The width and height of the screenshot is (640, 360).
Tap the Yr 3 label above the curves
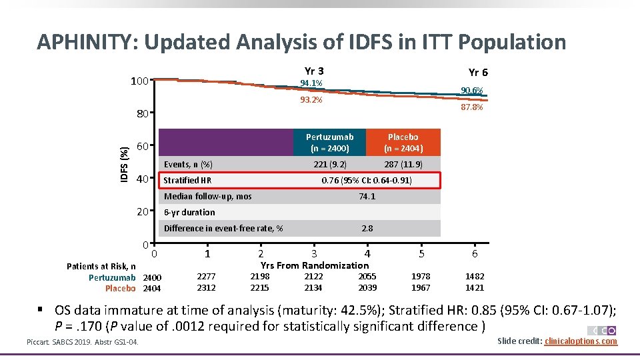(314, 71)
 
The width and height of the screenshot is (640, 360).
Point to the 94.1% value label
(311, 83)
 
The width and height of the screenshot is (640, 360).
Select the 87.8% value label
(472, 107)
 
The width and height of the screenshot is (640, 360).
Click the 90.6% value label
(472, 91)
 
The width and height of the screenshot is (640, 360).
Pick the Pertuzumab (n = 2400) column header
(330, 142)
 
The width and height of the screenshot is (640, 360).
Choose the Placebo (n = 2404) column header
(403, 142)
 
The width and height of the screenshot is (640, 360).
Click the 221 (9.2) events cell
(330, 164)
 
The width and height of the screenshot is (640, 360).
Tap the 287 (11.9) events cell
(403, 164)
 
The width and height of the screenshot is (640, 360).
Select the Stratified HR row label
(187, 181)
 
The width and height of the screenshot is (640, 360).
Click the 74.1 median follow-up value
(367, 197)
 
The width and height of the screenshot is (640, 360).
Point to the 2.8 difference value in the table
(367, 229)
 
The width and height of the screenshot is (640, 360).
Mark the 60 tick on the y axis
(142, 147)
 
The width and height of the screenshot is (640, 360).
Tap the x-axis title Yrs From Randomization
(315, 265)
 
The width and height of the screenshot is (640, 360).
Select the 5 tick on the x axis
(421, 254)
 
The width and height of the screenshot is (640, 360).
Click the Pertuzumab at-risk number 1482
(475, 276)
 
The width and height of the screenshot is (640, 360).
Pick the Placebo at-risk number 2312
(207, 288)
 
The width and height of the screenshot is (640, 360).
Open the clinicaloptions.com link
(581, 341)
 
